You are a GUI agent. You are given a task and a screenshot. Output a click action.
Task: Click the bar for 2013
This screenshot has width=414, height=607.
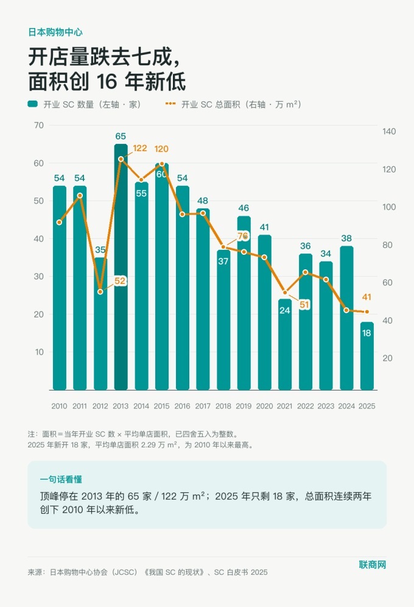click(121, 267)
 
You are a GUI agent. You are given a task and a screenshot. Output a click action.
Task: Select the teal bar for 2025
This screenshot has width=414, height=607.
click(367, 356)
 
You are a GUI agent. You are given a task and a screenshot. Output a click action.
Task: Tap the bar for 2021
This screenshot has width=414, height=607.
click(285, 344)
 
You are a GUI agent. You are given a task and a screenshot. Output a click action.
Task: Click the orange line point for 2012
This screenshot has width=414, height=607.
click(100, 291)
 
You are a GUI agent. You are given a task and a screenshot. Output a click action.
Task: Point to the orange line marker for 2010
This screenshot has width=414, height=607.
click(59, 222)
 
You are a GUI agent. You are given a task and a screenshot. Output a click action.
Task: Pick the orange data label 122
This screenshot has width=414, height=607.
click(140, 148)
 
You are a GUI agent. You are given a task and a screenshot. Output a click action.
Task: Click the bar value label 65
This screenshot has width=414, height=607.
click(121, 137)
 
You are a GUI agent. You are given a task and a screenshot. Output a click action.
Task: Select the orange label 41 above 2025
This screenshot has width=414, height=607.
click(367, 297)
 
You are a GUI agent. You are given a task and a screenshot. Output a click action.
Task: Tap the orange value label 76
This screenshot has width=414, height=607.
click(243, 236)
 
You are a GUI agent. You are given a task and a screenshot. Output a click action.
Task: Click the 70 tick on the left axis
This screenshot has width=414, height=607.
click(38, 125)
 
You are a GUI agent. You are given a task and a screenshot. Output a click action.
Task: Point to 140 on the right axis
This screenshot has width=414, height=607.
click(389, 131)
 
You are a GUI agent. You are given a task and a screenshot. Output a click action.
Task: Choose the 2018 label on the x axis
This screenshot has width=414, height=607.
click(223, 406)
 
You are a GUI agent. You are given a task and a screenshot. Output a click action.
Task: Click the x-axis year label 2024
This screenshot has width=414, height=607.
click(346, 406)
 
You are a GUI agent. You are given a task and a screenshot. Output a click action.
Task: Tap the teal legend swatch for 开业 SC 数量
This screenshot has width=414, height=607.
click(32, 104)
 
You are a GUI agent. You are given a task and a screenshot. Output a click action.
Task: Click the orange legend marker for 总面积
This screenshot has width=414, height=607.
click(170, 104)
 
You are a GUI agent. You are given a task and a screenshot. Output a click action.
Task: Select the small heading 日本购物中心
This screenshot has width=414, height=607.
click(55, 32)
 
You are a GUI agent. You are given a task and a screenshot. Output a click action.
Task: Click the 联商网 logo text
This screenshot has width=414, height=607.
click(372, 565)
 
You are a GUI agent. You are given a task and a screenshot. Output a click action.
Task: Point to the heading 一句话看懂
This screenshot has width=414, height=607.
click(61, 479)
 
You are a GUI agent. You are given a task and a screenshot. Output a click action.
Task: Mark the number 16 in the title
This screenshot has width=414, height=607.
click(107, 81)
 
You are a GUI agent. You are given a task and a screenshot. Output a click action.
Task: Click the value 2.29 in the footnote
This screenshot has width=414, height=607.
click(149, 445)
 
